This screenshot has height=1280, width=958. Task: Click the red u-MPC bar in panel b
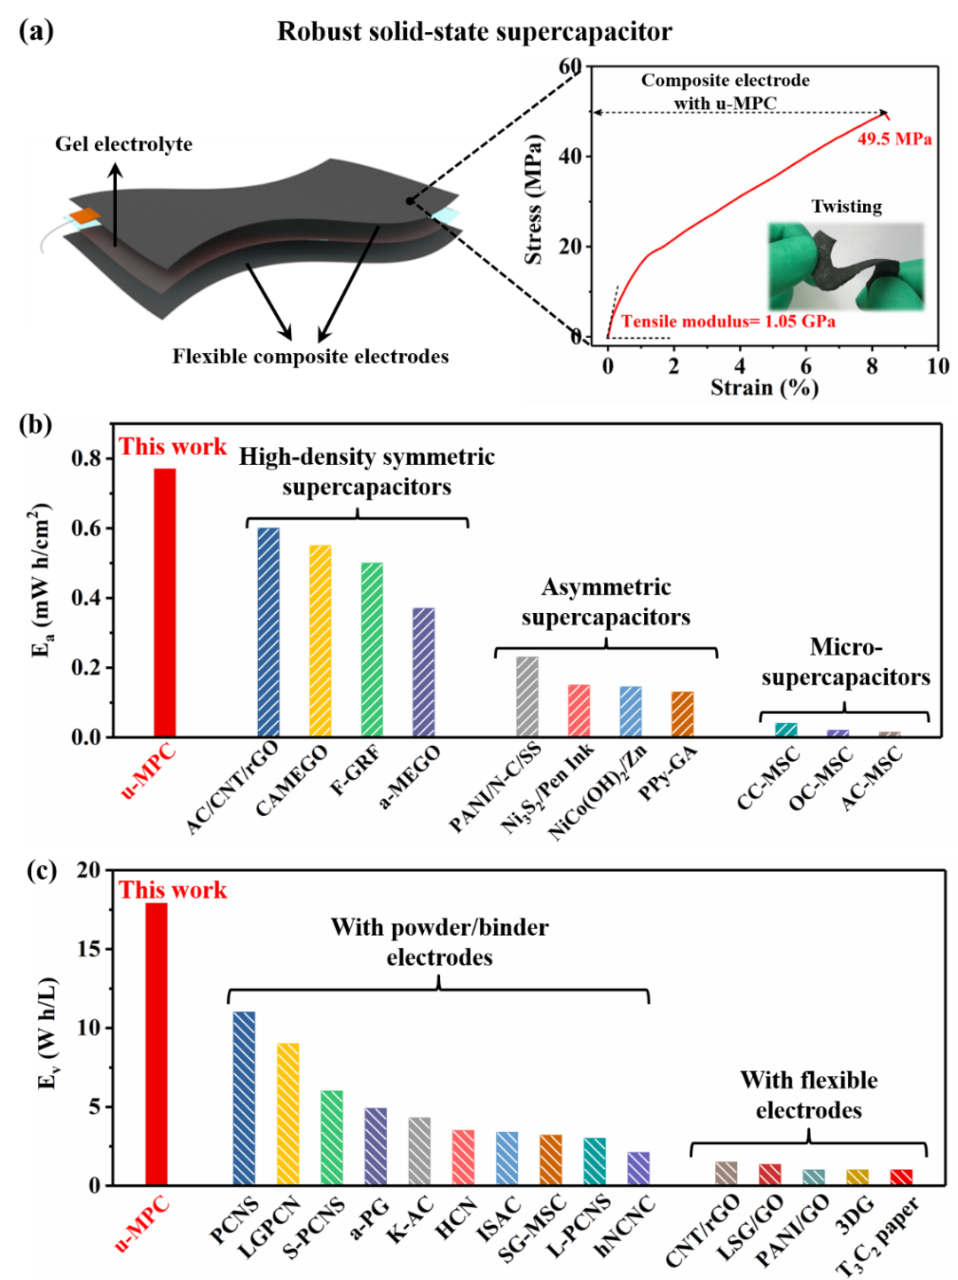click(x=165, y=602)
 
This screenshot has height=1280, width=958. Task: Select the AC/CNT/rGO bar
click(x=269, y=632)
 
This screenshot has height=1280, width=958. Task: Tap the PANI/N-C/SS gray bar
click(x=527, y=696)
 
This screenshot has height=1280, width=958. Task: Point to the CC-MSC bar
click(x=786, y=729)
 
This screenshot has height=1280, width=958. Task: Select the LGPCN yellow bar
click(x=288, y=1113)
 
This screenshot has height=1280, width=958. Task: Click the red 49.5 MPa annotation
click(x=894, y=139)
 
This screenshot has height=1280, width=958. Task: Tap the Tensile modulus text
click(x=728, y=321)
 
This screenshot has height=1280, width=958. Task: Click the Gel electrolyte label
click(x=123, y=145)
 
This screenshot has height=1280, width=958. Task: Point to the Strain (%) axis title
click(x=764, y=388)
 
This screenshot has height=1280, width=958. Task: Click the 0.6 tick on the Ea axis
click(x=87, y=528)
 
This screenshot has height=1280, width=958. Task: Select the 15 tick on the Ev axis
click(x=89, y=948)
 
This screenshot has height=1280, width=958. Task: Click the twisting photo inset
click(x=845, y=265)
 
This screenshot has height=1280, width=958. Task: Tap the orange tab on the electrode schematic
click(x=86, y=216)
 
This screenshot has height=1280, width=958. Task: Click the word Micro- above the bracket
click(x=845, y=647)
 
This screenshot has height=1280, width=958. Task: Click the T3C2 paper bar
click(x=901, y=1176)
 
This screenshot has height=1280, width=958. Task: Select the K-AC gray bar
click(x=420, y=1150)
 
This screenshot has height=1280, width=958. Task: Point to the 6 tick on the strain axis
click(x=805, y=365)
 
